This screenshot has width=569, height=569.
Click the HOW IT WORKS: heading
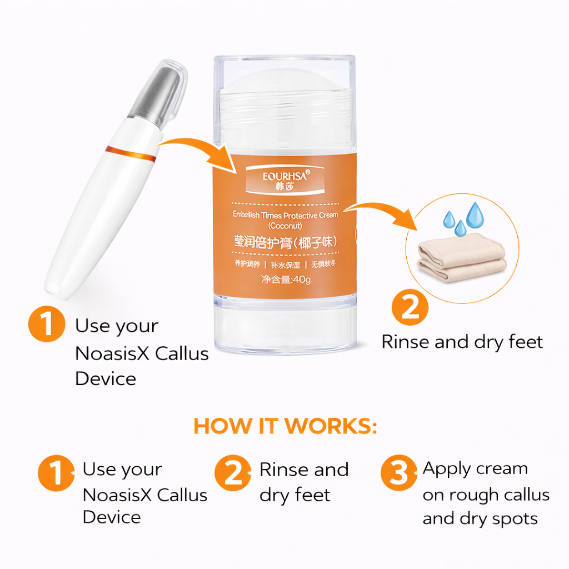pyautogui.click(x=285, y=426)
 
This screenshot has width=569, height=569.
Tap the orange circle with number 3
pyautogui.click(x=398, y=473)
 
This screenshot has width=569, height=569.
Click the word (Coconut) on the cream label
pyautogui.click(x=284, y=226)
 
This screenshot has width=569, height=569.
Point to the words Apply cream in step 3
pyautogui.click(x=475, y=469)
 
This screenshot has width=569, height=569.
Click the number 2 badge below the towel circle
pyautogui.click(x=410, y=307)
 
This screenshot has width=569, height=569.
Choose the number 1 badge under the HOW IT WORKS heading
pyautogui.click(x=56, y=473)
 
